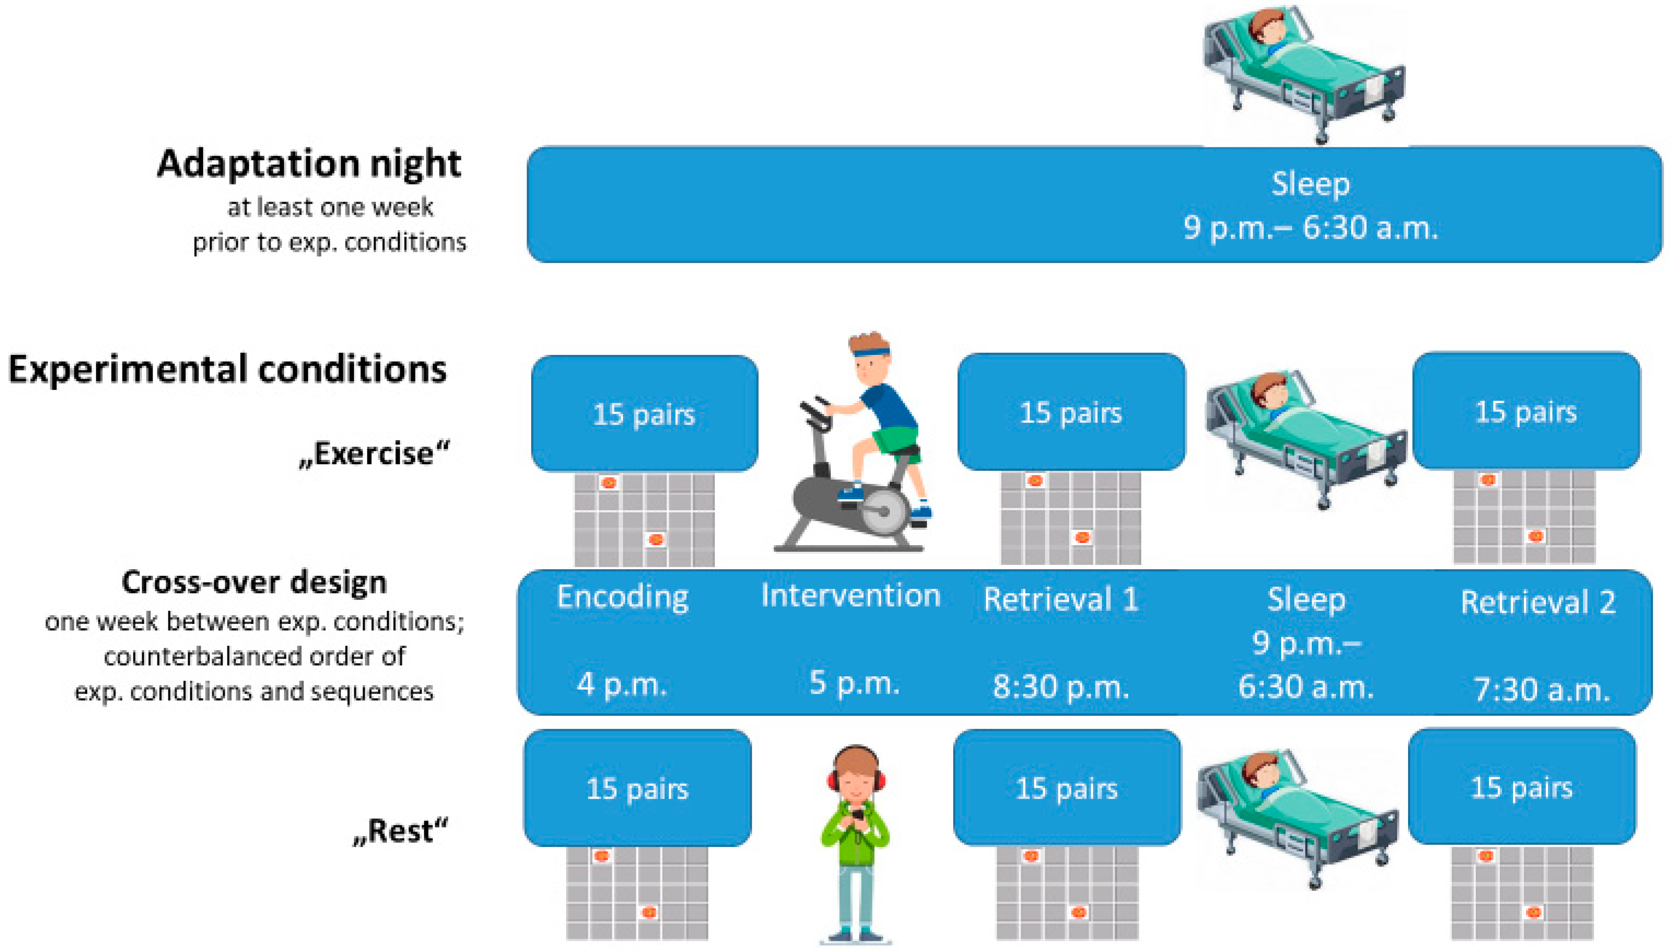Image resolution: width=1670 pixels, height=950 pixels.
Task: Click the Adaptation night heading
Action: [309, 164]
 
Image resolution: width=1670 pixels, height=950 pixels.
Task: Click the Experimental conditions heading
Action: [227, 370]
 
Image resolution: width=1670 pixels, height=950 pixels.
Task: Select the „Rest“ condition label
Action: [401, 831]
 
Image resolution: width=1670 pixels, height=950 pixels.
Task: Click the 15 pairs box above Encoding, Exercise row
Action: [645, 413]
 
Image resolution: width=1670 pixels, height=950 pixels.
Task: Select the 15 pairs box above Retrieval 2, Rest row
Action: [1522, 787]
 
